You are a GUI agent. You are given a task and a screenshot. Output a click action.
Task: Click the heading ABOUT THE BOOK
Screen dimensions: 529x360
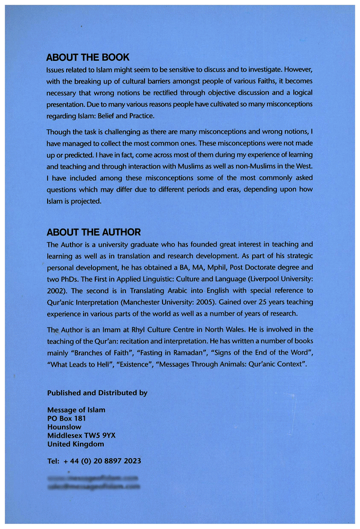coord(88,57)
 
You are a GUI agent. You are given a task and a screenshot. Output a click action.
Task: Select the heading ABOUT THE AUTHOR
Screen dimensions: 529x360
coord(94,232)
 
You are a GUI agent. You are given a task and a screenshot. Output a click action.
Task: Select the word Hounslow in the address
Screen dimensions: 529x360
coord(64,426)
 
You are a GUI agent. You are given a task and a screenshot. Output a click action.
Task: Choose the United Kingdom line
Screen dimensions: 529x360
coord(76,444)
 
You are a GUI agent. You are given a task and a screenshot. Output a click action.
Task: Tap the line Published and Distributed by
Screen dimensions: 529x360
coord(97,393)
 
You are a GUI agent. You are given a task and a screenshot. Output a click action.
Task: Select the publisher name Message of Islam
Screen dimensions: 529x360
coord(76,409)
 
